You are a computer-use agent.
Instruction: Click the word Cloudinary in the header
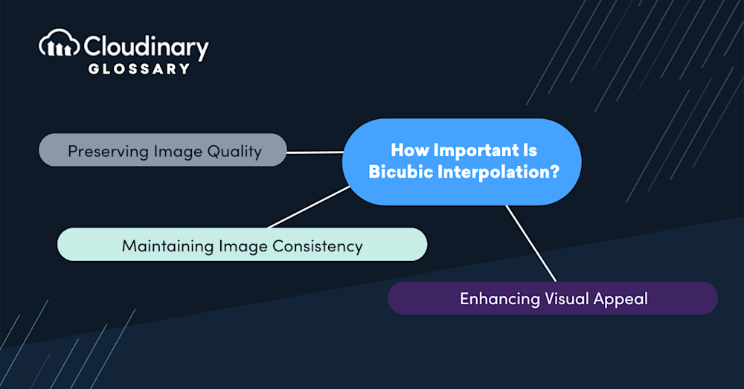pos(147,47)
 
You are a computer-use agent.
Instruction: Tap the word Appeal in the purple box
pos(620,299)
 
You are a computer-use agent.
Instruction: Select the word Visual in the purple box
pos(566,299)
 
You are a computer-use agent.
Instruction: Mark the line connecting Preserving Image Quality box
pos(314,152)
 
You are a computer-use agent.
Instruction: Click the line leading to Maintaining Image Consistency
pos(309,207)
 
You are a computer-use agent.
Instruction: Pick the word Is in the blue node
pos(529,150)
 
